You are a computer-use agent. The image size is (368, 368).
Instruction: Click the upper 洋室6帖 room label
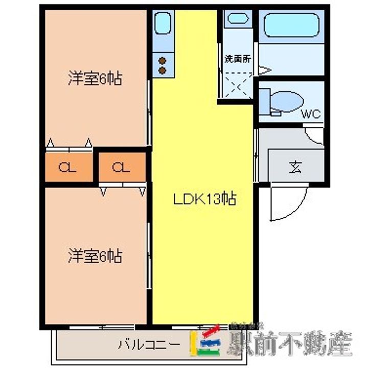point(95,79)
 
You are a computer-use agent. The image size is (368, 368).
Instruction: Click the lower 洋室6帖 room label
point(95,256)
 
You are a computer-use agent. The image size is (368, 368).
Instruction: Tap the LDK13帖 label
point(204,199)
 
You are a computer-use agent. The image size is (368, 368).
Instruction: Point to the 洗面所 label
point(238,58)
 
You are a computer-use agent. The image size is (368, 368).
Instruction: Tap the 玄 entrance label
point(295,167)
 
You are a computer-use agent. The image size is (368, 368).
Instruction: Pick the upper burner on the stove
point(163,59)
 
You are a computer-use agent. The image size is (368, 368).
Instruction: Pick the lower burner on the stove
point(163,69)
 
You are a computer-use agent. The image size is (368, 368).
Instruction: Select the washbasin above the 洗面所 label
point(237,19)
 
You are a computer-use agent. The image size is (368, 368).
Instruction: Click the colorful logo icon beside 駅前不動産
point(205,341)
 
